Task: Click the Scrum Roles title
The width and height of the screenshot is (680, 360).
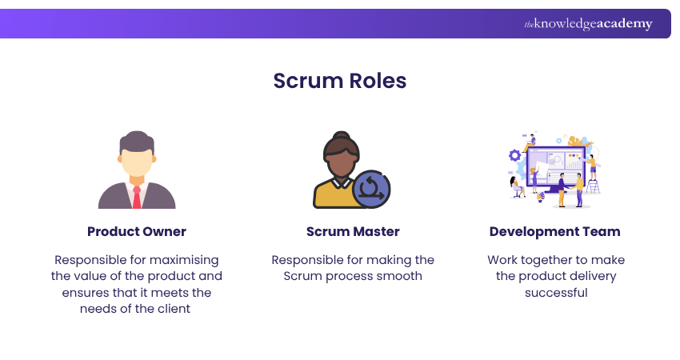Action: [x=339, y=81]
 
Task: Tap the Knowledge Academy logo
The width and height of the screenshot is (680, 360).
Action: [x=588, y=24]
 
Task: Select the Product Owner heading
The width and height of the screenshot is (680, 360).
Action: [x=137, y=232]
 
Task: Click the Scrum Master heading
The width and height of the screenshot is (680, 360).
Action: [x=353, y=232]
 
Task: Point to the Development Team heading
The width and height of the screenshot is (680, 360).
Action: [x=554, y=232]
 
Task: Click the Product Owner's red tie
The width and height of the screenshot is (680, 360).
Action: [x=137, y=197]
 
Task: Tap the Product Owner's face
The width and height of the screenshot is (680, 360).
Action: [x=137, y=164]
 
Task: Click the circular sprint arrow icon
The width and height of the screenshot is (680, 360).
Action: [x=371, y=189]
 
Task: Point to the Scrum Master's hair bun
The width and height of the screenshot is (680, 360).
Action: [x=342, y=136]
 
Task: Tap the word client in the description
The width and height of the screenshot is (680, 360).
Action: [x=173, y=308]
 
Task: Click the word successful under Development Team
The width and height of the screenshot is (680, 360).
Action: [x=556, y=292]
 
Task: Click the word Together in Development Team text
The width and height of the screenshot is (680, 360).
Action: [x=543, y=260]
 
